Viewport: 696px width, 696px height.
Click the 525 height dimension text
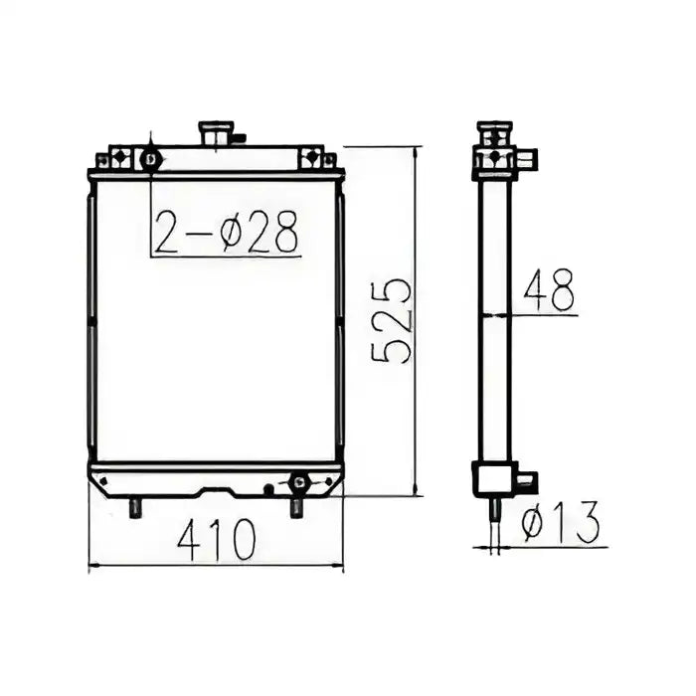click(391, 320)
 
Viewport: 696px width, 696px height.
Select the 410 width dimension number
click(216, 539)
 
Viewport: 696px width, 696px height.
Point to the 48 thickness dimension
click(550, 291)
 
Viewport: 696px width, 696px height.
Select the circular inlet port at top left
click(150, 158)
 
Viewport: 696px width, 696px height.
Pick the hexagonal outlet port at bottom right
click(297, 483)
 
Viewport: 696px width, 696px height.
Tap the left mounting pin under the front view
click(135, 507)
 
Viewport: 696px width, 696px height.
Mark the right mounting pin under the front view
click(296, 507)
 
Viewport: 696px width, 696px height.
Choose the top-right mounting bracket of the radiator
click(312, 158)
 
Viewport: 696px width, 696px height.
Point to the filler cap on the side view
click(494, 131)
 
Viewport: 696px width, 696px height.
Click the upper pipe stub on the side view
click(527, 158)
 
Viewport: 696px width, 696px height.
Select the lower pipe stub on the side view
click(527, 481)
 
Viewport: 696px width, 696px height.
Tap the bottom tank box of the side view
click(492, 478)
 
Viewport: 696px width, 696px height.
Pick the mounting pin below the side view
click(494, 509)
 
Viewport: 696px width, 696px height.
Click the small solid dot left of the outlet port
click(267, 488)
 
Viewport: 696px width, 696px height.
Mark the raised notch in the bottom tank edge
click(218, 490)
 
